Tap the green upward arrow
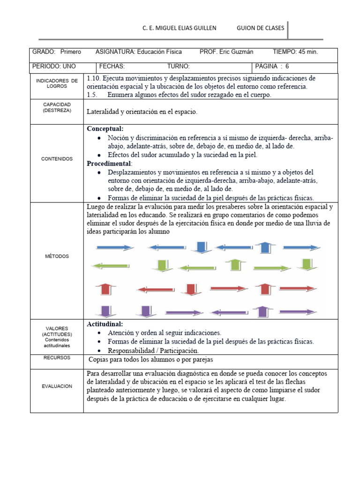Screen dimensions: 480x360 tap(234, 265)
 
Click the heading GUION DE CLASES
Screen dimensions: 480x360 tap(261, 28)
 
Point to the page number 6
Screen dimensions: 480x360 tap(293, 66)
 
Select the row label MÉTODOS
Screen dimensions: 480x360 tap(57, 256)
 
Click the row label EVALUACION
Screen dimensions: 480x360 tap(57, 386)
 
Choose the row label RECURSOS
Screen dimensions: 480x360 tap(57, 358)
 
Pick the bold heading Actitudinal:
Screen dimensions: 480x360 tap(105, 324)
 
